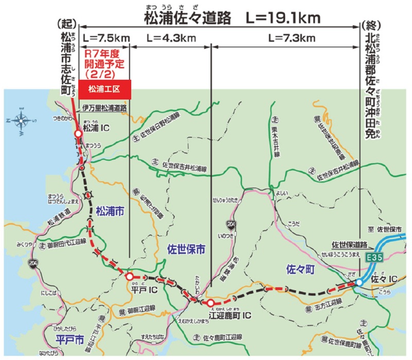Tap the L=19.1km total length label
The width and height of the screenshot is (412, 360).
(x=284, y=18)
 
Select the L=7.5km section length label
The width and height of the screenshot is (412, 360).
(x=106, y=38)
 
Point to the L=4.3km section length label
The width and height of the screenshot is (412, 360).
(x=171, y=38)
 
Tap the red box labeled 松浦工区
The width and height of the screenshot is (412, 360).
(x=105, y=89)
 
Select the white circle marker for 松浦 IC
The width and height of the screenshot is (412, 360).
(x=78, y=133)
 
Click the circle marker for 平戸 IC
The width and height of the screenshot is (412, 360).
(x=129, y=277)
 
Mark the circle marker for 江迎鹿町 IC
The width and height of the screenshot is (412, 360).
(x=211, y=303)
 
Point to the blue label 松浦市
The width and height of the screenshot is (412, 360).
(x=110, y=211)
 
